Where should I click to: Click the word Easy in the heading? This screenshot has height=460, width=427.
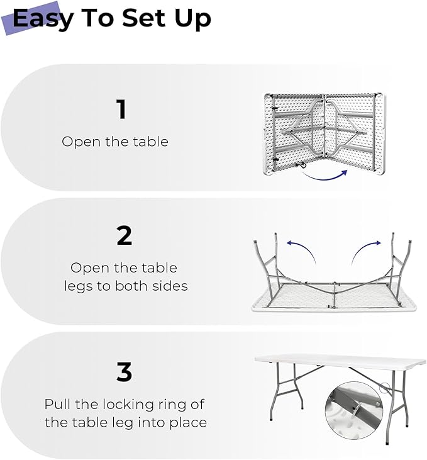(42, 19)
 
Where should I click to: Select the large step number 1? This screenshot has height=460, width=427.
(122, 109)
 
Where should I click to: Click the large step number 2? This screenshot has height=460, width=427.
(125, 235)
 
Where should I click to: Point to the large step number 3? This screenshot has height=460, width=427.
(125, 373)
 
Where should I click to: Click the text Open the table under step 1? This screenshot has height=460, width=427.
(115, 142)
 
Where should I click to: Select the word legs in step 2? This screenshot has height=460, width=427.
(78, 286)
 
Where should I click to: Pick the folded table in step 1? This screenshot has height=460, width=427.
(324, 133)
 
